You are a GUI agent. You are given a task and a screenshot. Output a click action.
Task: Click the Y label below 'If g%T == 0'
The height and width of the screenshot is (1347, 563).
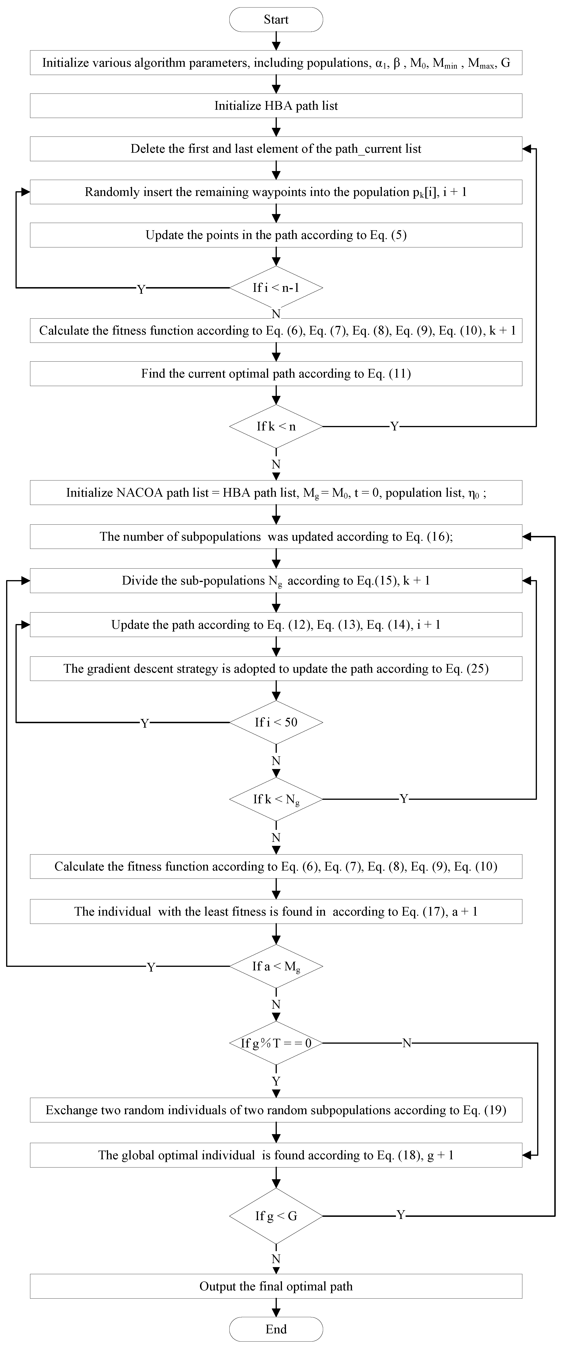click(x=276, y=1081)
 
